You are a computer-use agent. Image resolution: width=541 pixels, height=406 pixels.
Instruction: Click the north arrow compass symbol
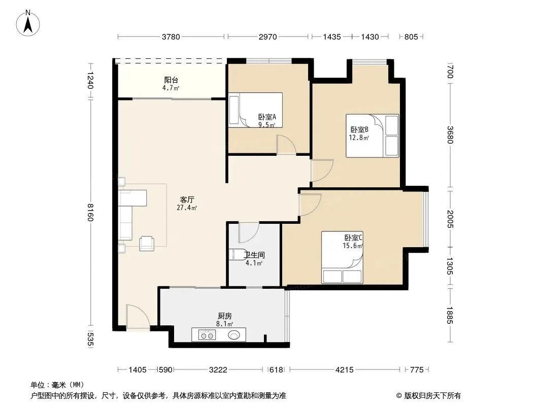[28, 23]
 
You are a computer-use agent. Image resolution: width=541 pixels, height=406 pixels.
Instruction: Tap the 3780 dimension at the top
[171, 37]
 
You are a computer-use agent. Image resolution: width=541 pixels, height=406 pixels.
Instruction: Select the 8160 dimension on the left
[90, 212]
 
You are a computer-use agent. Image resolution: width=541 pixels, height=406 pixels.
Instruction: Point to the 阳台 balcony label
[171, 80]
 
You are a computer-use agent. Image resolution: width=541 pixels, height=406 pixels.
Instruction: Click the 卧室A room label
[267, 117]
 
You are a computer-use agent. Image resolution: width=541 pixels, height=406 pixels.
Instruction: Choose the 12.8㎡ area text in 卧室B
[359, 138]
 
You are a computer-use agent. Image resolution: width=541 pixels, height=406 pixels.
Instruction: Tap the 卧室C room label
[353, 238]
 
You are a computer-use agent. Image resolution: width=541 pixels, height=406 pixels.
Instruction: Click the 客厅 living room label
[187, 200]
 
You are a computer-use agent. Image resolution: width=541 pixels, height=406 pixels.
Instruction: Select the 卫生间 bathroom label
[254, 255]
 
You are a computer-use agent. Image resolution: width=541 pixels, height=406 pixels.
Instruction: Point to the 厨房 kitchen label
[225, 316]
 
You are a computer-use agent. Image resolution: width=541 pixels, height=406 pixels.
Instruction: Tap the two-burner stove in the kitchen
[207, 334]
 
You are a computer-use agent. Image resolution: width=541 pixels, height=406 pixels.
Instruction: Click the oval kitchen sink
[234, 334]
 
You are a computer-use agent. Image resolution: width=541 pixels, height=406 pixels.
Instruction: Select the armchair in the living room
[147, 243]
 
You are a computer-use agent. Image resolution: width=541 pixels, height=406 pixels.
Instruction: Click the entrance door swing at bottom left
[138, 317]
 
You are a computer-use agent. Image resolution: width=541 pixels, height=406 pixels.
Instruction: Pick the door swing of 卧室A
[286, 145]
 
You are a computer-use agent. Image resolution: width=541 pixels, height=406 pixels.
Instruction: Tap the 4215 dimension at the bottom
[344, 370]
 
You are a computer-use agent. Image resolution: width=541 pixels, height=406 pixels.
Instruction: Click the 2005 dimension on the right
[450, 219]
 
